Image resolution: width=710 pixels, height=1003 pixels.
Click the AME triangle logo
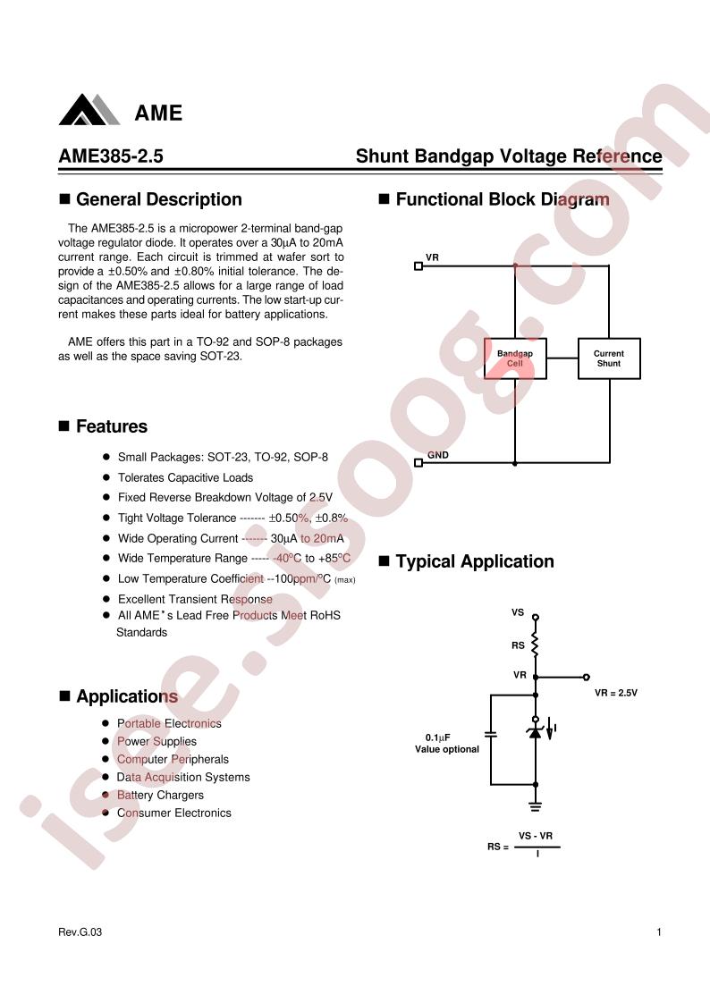[x=89, y=110]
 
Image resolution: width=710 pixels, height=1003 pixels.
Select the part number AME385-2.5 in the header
[x=111, y=157]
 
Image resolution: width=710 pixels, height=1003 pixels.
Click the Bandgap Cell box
[x=514, y=358]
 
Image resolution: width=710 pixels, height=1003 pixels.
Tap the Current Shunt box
[x=609, y=358]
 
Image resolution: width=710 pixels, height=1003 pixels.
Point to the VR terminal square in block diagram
[x=418, y=265]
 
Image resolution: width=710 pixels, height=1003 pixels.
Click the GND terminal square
[x=418, y=463]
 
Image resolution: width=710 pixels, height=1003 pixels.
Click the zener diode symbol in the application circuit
[x=535, y=732]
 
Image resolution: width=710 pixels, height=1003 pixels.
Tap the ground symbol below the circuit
[x=536, y=805]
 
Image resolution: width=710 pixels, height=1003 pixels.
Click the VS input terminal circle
[x=536, y=617]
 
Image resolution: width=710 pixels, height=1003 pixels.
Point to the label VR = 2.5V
[x=616, y=693]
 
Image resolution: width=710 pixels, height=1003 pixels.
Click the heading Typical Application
[x=474, y=561]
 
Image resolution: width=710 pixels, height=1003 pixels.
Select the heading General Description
[x=158, y=199]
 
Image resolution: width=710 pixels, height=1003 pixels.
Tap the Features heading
[x=111, y=426]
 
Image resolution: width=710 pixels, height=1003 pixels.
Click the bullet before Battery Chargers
[x=106, y=795]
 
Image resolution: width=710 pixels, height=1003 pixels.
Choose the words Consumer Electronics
[x=174, y=813]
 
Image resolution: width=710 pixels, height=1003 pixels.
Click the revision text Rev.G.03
[x=80, y=932]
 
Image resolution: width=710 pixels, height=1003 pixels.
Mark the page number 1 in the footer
[x=659, y=932]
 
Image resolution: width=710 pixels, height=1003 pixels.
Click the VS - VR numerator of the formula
[x=536, y=836]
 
